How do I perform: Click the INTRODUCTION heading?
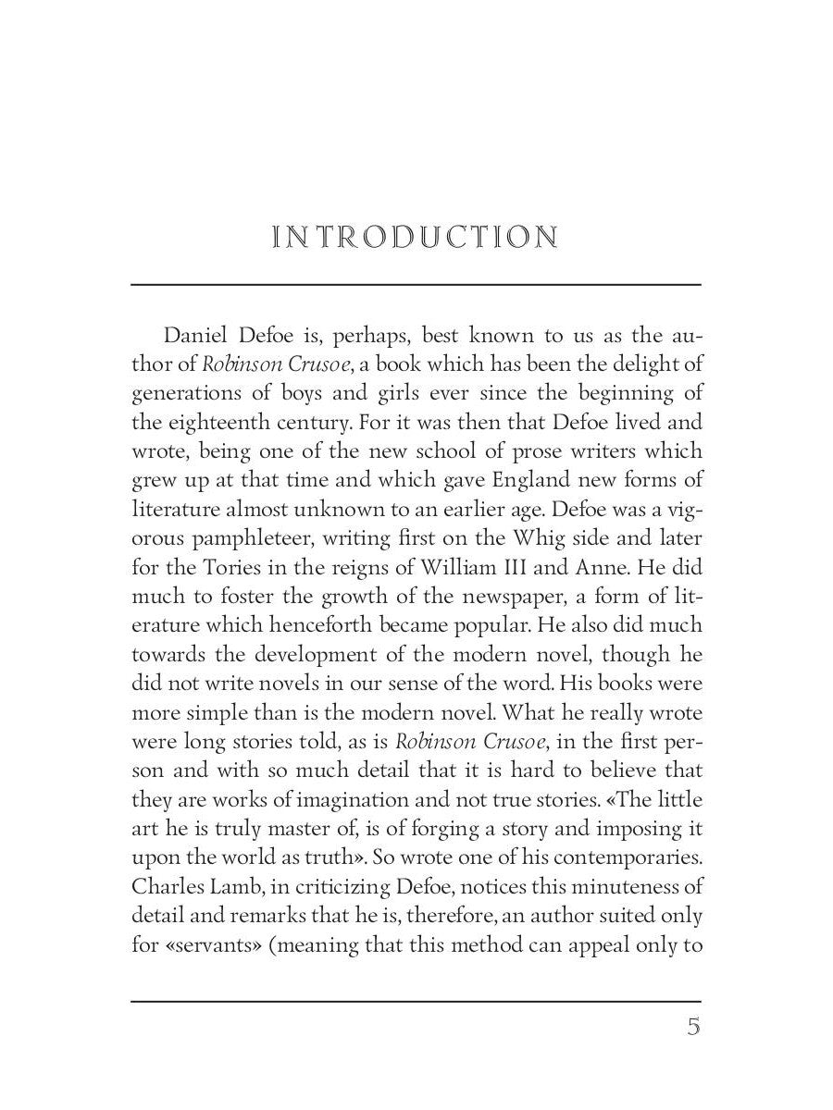[x=416, y=238]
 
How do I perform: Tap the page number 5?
[x=692, y=1027]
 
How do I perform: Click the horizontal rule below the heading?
[x=416, y=284]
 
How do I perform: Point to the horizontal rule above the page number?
[x=416, y=1001]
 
